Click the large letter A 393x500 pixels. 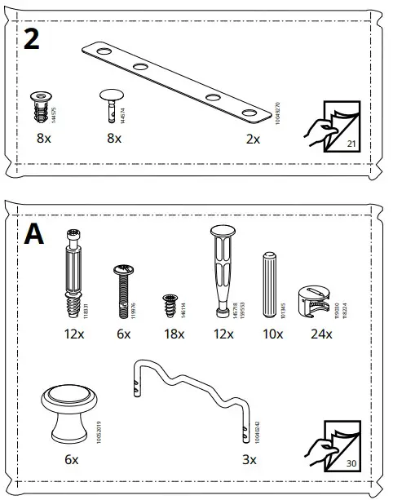point(34,234)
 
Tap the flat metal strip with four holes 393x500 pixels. point(175,82)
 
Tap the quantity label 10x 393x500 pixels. point(272,334)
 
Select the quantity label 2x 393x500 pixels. point(253,139)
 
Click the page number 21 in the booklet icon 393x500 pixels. point(352,144)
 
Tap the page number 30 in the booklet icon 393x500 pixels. point(352,463)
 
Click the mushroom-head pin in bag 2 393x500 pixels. point(109,104)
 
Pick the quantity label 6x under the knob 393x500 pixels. point(72,459)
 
